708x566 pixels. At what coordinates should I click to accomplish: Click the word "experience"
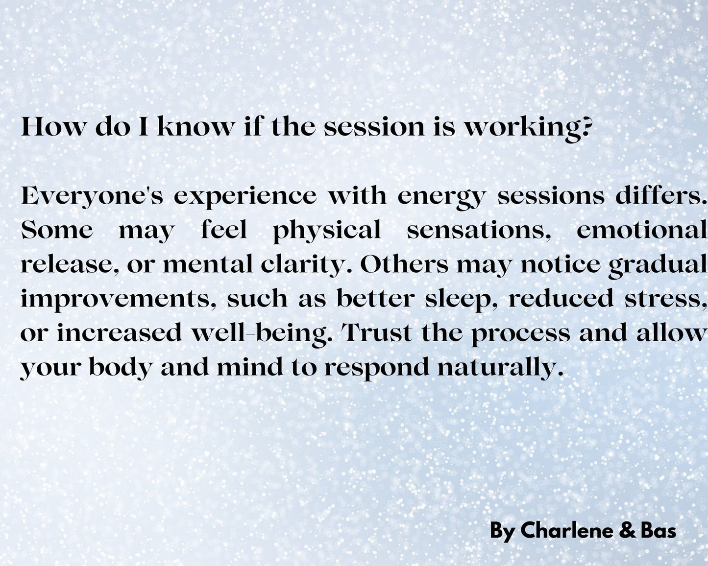coord(245,198)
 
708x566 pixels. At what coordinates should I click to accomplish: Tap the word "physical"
coord(327,232)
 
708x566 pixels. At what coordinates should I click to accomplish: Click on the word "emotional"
coord(642,230)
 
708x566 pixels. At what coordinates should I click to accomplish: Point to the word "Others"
coord(404,264)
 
